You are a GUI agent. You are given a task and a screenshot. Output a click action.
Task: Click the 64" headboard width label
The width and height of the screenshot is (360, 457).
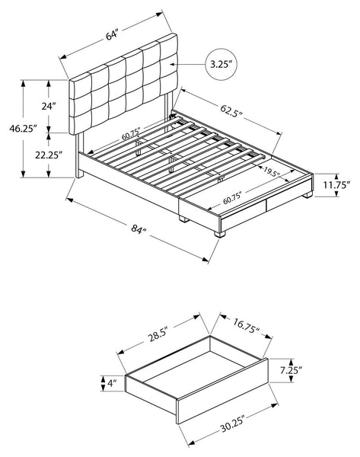pos(111,35)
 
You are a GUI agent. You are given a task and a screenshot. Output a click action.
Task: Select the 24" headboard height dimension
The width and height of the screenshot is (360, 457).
pos(49,107)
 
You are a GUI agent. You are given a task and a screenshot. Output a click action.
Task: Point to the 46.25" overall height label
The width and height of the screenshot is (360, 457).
pos(23,129)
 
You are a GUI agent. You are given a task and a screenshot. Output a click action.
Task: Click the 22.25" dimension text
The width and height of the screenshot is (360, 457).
pos(49,155)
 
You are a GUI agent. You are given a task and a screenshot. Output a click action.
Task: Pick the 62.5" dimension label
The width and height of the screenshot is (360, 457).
pos(231,110)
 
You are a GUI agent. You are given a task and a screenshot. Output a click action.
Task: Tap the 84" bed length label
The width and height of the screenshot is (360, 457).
pos(138,229)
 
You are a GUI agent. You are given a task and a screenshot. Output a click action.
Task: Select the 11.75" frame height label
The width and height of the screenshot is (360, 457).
pos(336,185)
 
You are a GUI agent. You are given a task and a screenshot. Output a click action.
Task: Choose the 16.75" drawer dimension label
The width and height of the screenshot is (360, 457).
pos(247,326)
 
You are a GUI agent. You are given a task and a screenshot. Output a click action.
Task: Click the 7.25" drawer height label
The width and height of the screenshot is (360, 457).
pos(291,370)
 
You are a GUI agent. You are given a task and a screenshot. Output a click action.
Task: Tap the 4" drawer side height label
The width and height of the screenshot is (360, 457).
pos(112,383)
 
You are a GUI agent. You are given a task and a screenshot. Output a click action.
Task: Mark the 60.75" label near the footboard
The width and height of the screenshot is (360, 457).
pos(232,197)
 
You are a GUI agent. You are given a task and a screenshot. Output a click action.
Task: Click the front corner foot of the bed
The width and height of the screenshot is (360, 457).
pos(220,234)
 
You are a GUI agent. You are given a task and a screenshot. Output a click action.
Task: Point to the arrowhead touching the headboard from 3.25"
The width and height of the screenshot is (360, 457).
pos(174,64)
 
